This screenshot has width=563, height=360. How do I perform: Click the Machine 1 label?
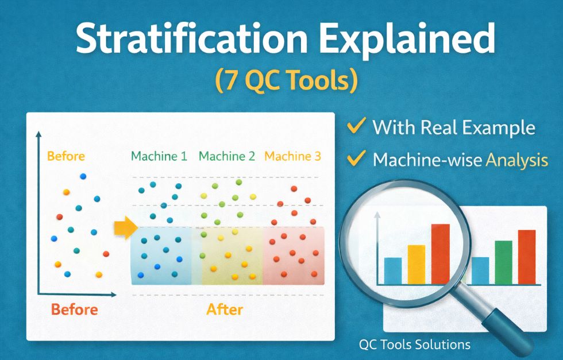click(159, 156)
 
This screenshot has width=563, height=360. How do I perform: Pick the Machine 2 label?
click(226, 156)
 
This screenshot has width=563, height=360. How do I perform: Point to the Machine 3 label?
click(292, 156)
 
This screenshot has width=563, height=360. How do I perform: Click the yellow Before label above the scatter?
click(65, 156)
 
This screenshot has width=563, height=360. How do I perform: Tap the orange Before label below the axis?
click(74, 310)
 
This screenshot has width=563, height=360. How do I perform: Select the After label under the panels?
click(225, 310)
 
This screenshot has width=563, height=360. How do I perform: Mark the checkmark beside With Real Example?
click(357, 126)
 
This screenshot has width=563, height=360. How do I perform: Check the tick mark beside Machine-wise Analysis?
click(357, 158)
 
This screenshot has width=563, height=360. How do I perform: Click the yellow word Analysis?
click(516, 160)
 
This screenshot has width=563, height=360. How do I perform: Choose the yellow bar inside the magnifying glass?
click(417, 264)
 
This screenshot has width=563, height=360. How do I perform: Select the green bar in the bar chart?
click(503, 262)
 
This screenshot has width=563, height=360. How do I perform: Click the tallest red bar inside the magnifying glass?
click(440, 254)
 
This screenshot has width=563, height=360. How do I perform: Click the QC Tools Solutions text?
click(414, 344)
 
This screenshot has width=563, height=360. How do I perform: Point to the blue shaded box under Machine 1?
click(161, 255)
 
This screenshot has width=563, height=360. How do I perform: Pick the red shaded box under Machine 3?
click(293, 255)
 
